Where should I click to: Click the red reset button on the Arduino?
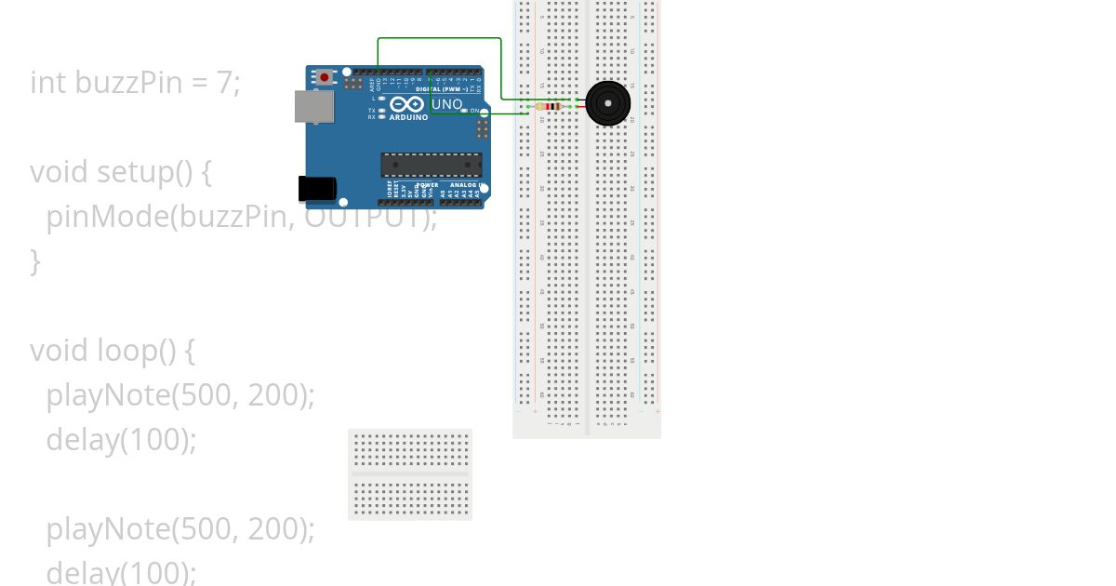click(324, 77)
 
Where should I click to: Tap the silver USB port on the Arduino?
click(313, 107)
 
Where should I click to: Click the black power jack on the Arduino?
click(316, 188)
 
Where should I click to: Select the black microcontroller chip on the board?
click(432, 165)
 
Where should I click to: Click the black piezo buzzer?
click(608, 102)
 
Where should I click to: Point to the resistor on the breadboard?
click(553, 107)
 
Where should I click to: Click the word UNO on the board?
click(447, 104)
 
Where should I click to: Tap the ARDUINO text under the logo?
click(409, 117)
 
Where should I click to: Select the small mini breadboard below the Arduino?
click(410, 474)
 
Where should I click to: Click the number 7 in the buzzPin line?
click(224, 83)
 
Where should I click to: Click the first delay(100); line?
click(121, 439)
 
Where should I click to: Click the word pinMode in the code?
click(108, 217)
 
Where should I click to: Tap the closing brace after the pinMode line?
click(35, 261)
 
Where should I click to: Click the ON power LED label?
click(474, 111)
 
